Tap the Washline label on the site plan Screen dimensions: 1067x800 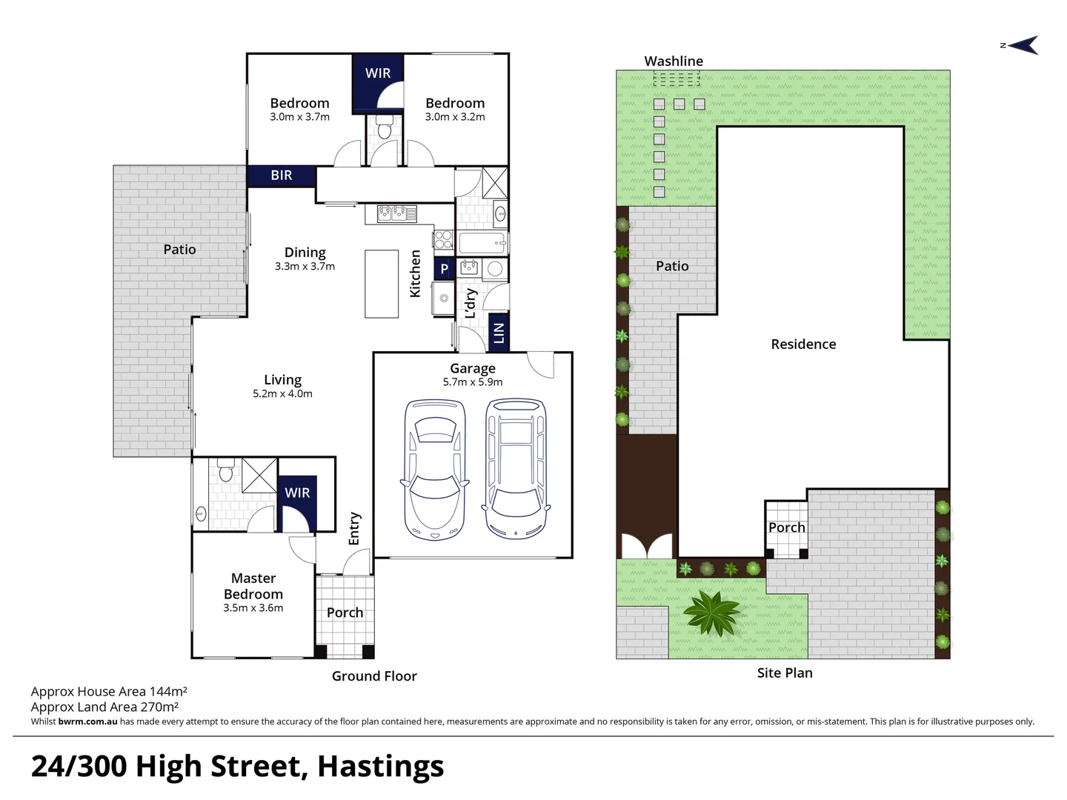674,61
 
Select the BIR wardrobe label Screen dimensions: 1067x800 282,176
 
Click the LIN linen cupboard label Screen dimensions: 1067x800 499,333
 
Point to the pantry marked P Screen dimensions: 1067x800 444,269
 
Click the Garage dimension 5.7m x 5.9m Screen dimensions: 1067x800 473,381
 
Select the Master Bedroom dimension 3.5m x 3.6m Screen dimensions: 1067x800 253,607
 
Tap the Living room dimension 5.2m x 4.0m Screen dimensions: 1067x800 282,393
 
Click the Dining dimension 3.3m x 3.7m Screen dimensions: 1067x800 305,266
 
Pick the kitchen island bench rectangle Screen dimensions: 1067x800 382,284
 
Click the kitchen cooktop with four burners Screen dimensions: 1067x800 443,239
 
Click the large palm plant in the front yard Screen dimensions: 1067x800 713,613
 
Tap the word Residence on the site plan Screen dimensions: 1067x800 803,344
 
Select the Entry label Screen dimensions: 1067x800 354,528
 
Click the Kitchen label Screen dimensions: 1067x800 415,273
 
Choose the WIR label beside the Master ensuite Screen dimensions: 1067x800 297,493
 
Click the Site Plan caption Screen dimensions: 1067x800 785,673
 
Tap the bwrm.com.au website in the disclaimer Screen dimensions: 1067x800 87,721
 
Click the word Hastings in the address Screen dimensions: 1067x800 381,766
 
